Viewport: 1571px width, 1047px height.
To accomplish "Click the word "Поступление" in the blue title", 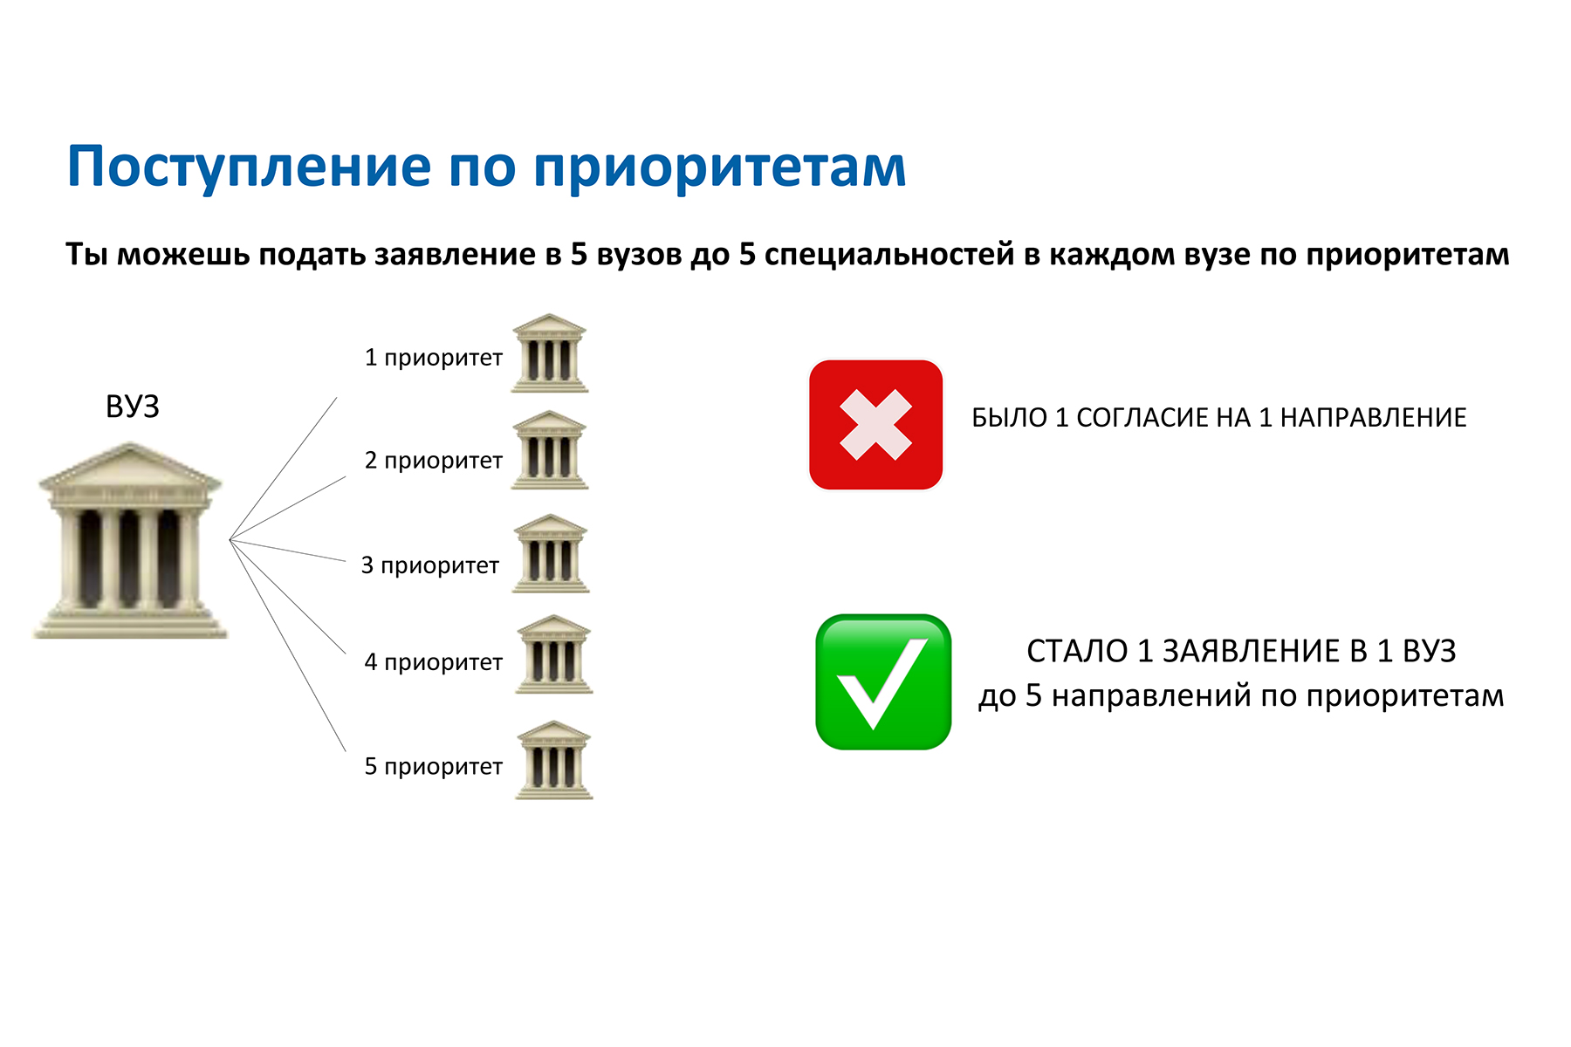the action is [249, 168].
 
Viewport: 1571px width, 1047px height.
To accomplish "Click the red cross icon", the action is [876, 425].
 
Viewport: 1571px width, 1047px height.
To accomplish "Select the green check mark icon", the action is [883, 682].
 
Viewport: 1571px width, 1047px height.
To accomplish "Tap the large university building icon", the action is [131, 541].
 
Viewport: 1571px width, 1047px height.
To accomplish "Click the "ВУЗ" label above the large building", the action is [133, 407].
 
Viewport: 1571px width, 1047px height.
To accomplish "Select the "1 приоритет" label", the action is [434, 358].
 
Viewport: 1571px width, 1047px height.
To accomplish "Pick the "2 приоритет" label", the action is [434, 461].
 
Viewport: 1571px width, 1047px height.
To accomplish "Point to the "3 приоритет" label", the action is [430, 565].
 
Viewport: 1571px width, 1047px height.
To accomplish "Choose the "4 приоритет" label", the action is [434, 662].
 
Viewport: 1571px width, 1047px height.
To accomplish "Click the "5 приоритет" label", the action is [434, 767].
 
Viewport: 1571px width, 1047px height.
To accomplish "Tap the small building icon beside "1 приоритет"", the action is [550, 353].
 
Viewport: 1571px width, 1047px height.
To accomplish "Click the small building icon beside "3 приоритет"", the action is [551, 553].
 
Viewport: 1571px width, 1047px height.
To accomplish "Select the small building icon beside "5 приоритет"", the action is [554, 760].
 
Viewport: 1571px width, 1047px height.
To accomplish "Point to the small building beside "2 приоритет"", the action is [550, 450].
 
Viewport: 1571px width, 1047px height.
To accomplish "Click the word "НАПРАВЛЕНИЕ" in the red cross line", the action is [1373, 418].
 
